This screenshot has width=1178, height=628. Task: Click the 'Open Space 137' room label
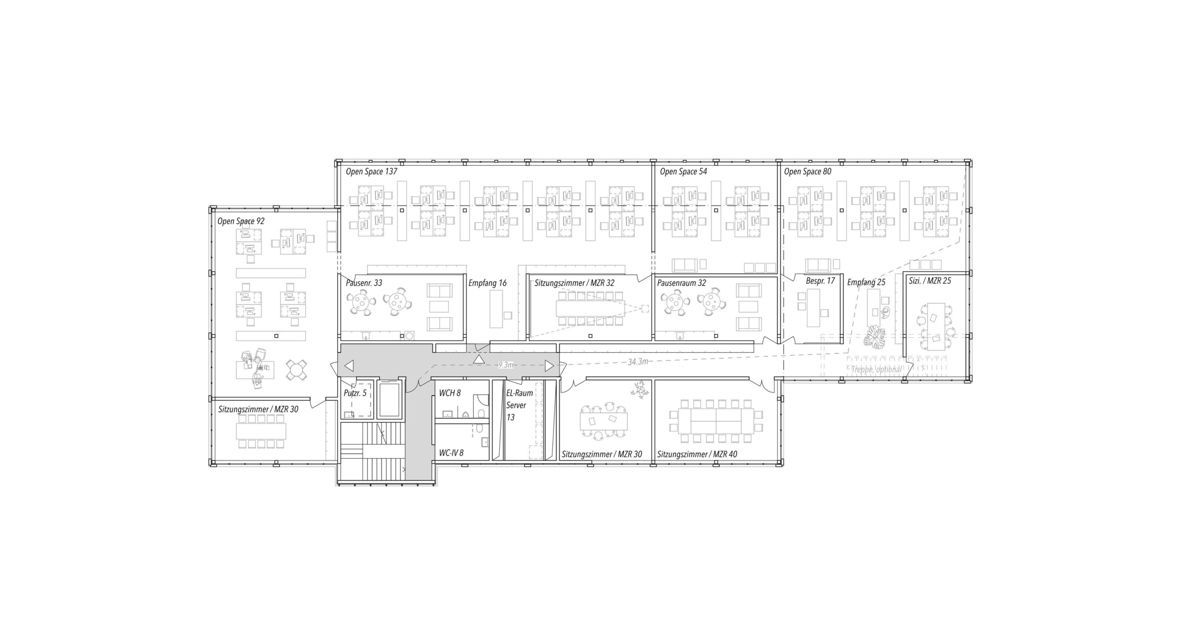pyautogui.click(x=371, y=172)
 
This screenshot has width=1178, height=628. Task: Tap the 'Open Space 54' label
pyautogui.click(x=683, y=172)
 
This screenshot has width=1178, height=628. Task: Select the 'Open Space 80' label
pyautogui.click(x=808, y=172)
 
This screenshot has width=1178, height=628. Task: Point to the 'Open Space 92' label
pyautogui.click(x=241, y=221)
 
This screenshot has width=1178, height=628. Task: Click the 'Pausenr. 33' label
pyautogui.click(x=364, y=283)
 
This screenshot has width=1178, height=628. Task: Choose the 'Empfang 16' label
pyautogui.click(x=487, y=283)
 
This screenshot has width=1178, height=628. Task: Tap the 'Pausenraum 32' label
pyautogui.click(x=681, y=283)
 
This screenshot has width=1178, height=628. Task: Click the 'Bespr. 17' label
pyautogui.click(x=820, y=281)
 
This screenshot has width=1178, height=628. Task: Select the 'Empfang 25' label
pyautogui.click(x=866, y=282)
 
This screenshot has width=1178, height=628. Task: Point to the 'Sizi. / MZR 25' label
pyautogui.click(x=930, y=281)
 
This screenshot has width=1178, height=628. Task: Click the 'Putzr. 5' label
pyautogui.click(x=355, y=393)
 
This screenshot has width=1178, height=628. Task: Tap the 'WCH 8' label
pyautogui.click(x=450, y=393)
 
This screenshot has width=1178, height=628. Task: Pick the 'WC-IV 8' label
pyautogui.click(x=451, y=453)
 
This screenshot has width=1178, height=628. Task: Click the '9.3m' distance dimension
pyautogui.click(x=506, y=365)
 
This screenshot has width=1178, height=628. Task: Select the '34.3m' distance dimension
pyautogui.click(x=638, y=362)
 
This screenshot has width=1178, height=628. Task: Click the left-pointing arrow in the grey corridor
pyautogui.click(x=349, y=366)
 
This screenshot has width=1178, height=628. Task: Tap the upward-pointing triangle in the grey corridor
pyautogui.click(x=479, y=359)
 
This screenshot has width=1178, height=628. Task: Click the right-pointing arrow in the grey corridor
pyautogui.click(x=549, y=366)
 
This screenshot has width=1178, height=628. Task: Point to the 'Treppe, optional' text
pyautogui.click(x=876, y=369)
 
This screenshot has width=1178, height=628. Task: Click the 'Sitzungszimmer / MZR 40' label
pyautogui.click(x=697, y=454)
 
